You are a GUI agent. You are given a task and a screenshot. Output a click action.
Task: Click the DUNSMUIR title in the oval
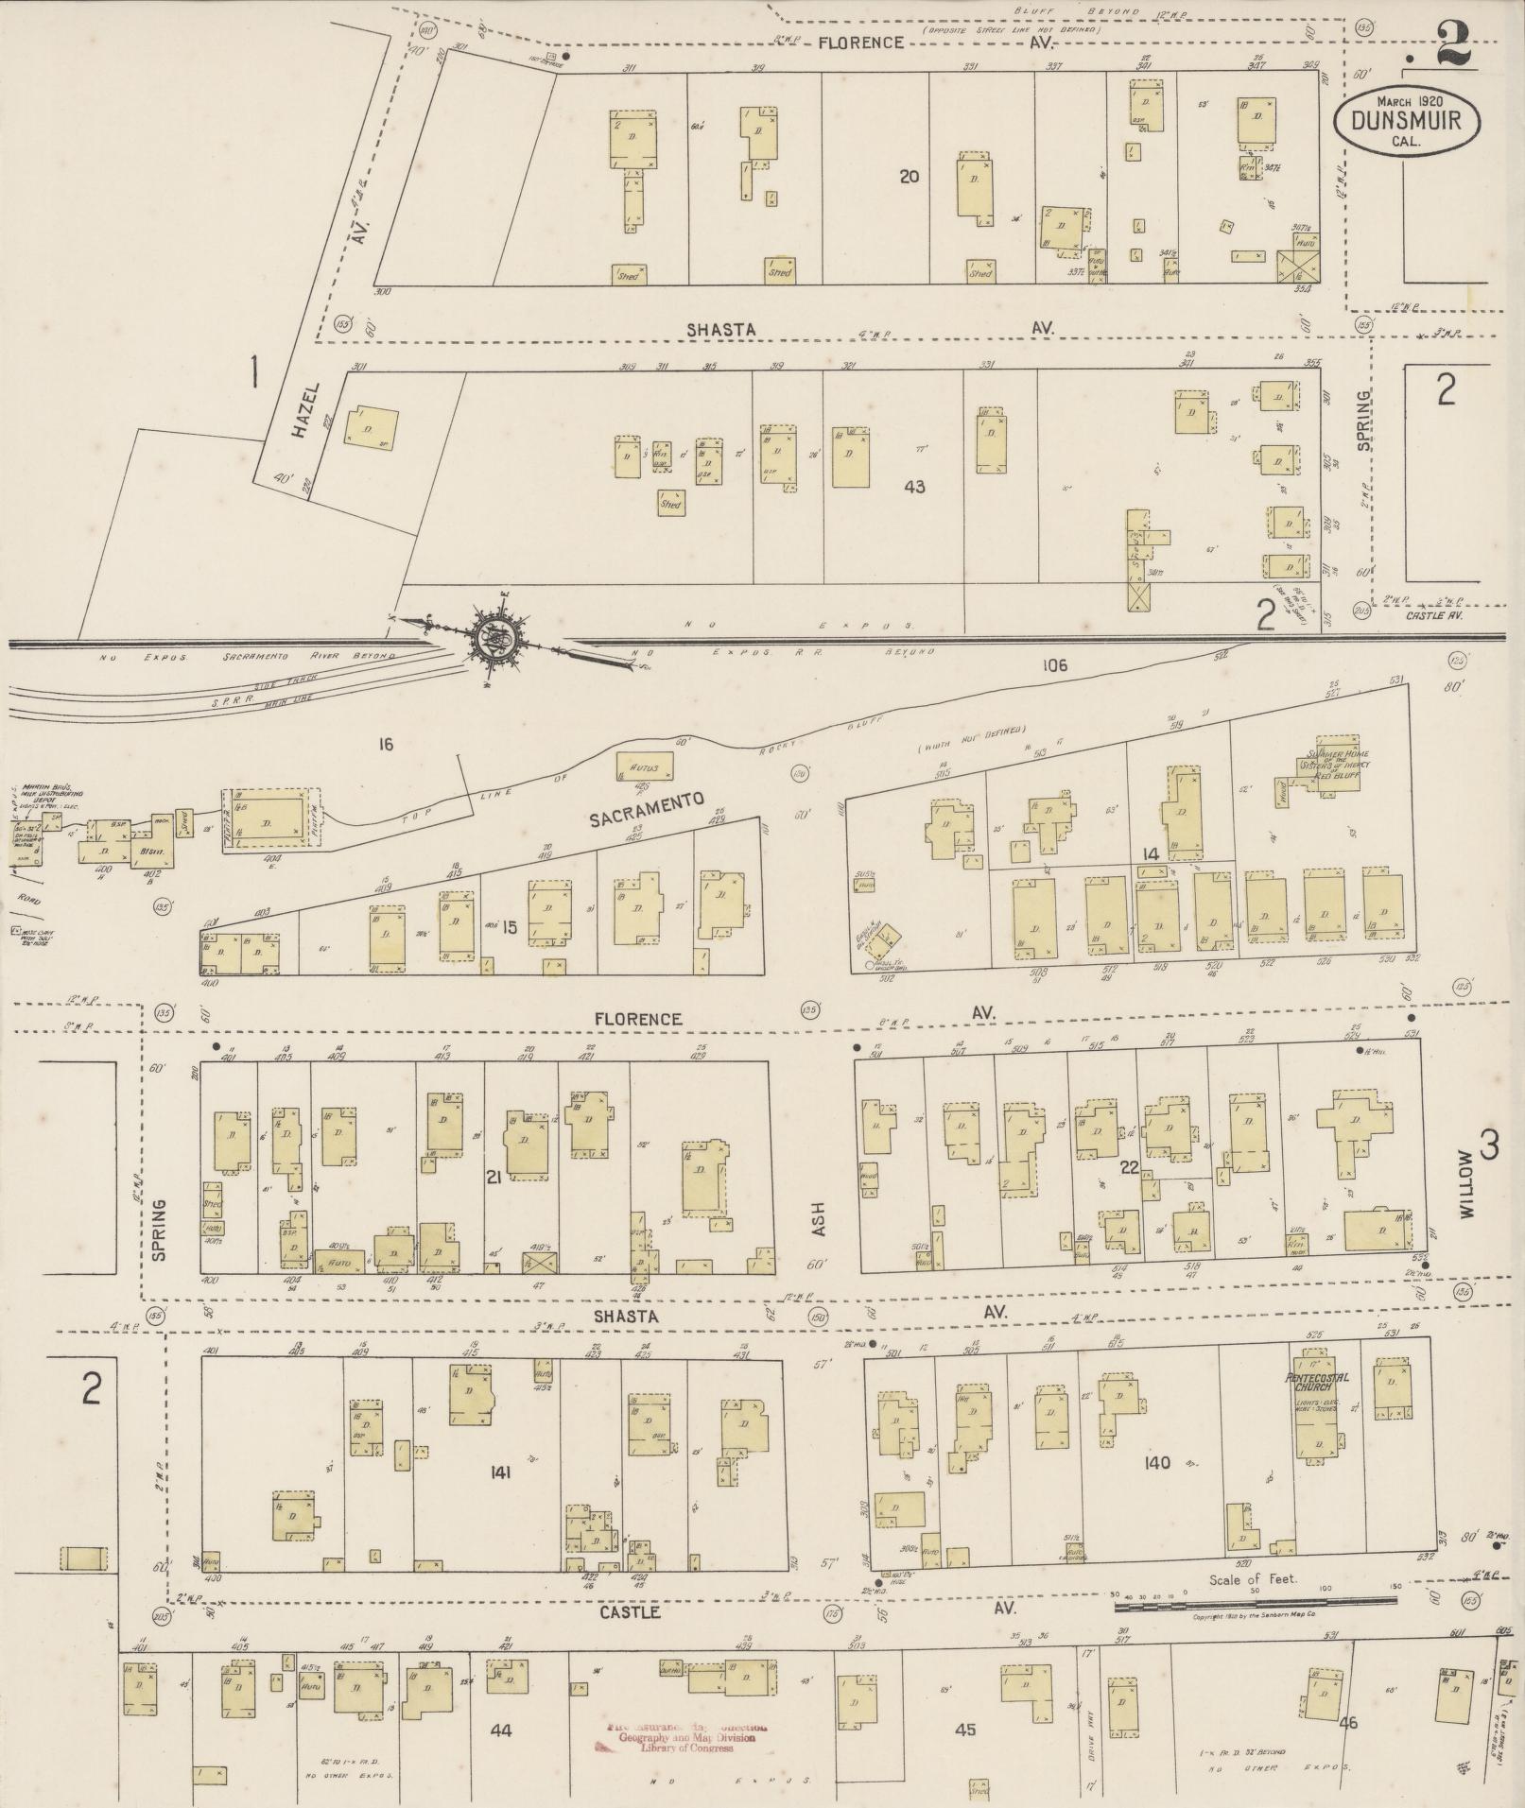click(x=1408, y=121)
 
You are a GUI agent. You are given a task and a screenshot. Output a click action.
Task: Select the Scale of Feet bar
click(x=1256, y=1600)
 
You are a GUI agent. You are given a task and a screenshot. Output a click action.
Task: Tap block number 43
click(x=914, y=488)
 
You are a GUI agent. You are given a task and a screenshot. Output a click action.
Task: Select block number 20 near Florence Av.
click(x=910, y=175)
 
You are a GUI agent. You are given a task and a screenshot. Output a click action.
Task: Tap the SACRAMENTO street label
click(x=648, y=811)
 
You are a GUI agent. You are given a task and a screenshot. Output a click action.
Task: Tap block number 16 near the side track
click(x=385, y=745)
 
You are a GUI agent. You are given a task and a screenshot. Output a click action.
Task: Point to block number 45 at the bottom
click(x=964, y=1730)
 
